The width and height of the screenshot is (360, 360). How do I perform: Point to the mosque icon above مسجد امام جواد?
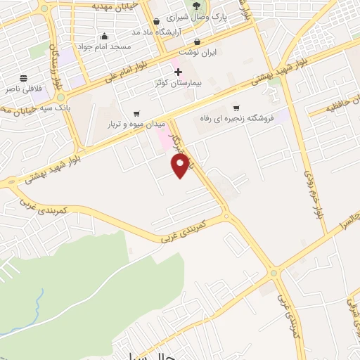coord(105,37)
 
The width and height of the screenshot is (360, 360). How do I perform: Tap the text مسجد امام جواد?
coord(105,46)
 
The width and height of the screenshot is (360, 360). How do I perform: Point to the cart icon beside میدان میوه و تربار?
coord(136,113)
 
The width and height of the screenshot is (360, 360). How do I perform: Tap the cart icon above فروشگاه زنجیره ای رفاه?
coord(237,108)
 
